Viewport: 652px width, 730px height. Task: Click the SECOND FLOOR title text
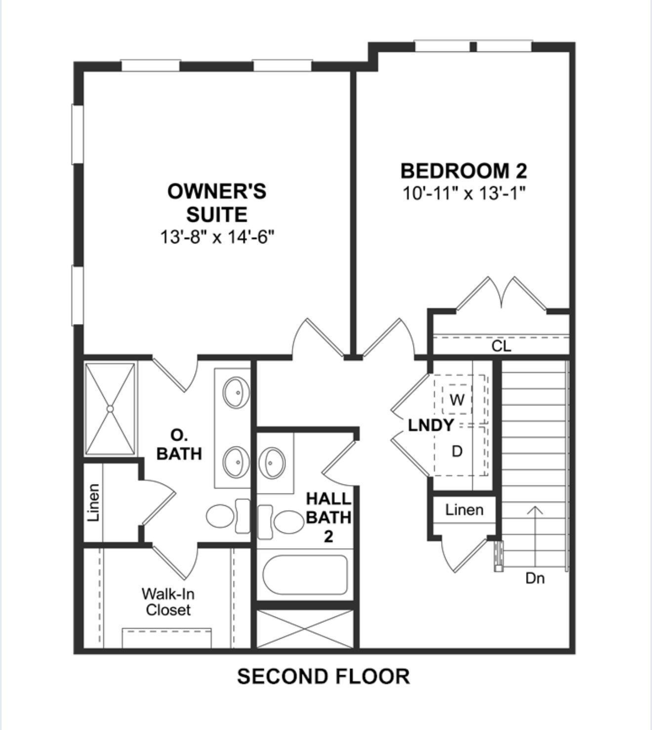324,677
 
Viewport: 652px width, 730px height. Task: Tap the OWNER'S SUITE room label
217,203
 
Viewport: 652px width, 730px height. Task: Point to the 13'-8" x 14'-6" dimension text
217,237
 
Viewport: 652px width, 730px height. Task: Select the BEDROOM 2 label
464,171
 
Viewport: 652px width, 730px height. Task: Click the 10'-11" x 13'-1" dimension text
464,194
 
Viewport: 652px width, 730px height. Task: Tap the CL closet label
501,346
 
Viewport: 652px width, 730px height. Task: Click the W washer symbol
457,400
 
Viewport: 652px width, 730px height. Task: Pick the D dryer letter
457,451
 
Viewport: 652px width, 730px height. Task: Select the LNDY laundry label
431,425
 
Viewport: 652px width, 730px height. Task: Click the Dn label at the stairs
535,579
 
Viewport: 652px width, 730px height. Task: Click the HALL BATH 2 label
328,518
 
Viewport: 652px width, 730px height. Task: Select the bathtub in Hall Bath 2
305,574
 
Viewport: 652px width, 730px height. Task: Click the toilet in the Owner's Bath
229,516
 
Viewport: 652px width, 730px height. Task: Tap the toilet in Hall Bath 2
281,522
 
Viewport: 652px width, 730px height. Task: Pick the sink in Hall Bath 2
272,463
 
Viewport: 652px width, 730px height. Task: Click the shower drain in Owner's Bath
110,408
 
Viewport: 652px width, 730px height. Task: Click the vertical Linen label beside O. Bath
93,502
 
